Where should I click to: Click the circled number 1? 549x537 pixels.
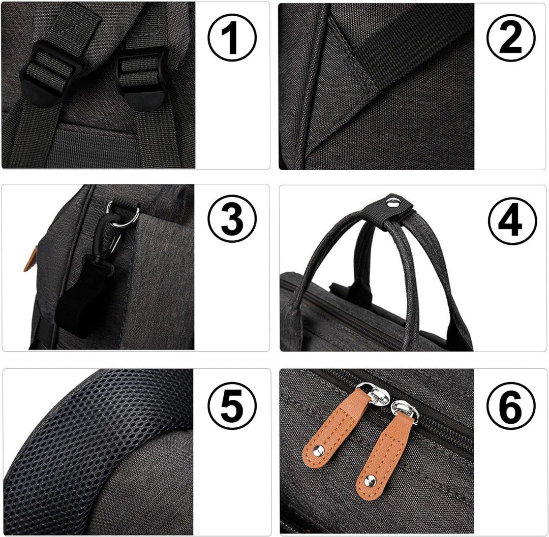pos(232,38)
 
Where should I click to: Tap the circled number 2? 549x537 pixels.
pos(511,38)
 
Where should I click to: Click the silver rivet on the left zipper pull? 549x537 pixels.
pos(317,449)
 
